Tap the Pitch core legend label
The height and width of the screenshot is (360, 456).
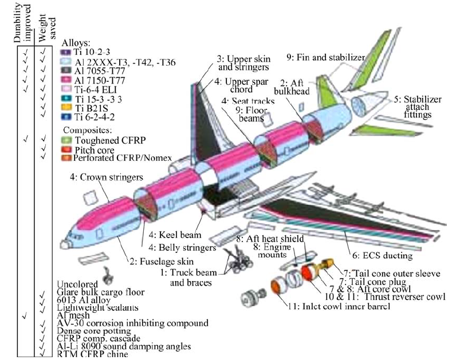click(x=87, y=149)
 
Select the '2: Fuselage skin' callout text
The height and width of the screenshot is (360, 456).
click(x=154, y=262)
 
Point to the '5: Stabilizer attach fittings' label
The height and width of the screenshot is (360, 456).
click(x=412, y=108)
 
